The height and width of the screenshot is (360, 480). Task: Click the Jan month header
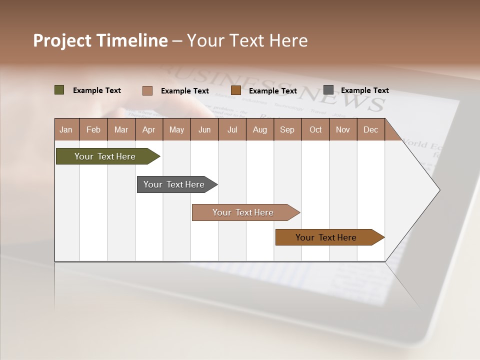[x=66, y=129]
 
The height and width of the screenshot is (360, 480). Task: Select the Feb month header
[x=93, y=129]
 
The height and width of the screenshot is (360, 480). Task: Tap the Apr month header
[x=148, y=129]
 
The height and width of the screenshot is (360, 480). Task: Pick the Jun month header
[x=204, y=129]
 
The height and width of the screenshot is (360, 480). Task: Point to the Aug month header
[x=259, y=129]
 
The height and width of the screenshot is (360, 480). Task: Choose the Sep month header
[x=287, y=129]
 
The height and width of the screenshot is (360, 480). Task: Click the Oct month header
[x=315, y=129]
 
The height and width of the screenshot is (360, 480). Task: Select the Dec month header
[x=370, y=129]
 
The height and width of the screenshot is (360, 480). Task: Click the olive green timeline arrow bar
[x=105, y=156]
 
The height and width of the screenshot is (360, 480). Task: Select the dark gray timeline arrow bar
[x=174, y=184]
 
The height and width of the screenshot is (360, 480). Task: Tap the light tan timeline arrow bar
[x=243, y=212]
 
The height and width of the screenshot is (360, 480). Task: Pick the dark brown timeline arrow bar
[x=326, y=237]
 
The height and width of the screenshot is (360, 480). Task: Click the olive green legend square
[x=59, y=90]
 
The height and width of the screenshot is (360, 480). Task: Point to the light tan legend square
[x=147, y=90]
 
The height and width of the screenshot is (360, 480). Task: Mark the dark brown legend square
[x=236, y=90]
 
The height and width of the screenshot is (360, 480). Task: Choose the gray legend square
[x=328, y=90]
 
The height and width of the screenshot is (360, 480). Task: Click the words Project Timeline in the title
[x=100, y=40]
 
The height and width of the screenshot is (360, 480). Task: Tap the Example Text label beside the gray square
[x=364, y=90]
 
